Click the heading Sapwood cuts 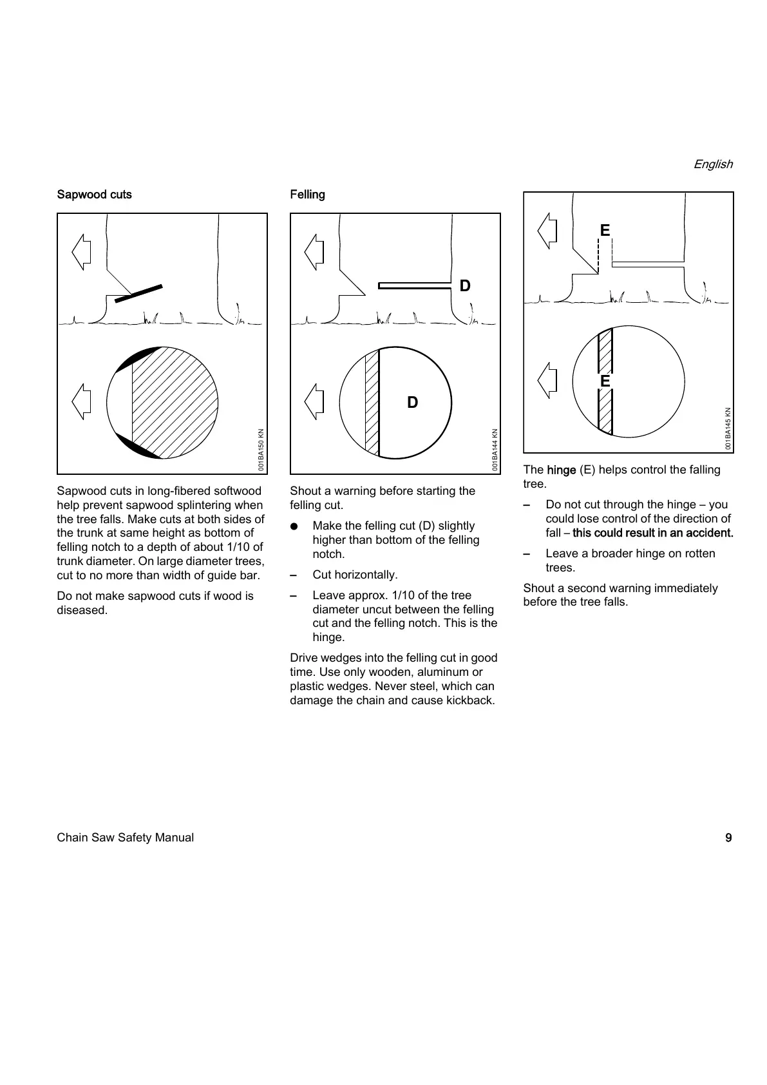94,195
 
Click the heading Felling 307,195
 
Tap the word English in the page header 713,164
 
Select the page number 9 728,838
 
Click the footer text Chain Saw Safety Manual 125,838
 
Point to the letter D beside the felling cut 465,285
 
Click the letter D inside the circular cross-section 412,403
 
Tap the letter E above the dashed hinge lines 605,230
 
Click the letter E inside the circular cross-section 605,381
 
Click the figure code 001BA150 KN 261,450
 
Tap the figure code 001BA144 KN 494,450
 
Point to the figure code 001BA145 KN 728,428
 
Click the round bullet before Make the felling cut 294,526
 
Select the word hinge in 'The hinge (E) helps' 561,470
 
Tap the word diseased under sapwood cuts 82,610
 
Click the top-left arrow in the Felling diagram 314,252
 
